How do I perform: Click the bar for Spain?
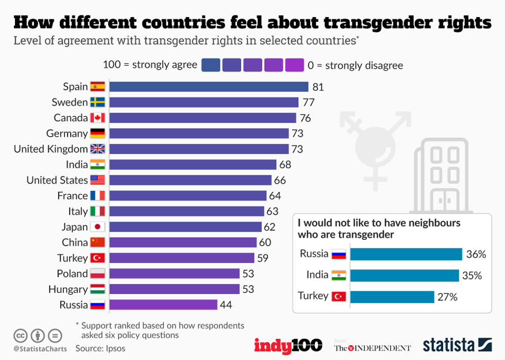[209, 87]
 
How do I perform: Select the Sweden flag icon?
[97, 102]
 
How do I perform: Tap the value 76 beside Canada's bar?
[305, 118]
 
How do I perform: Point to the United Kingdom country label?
[50, 149]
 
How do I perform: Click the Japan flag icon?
[97, 227]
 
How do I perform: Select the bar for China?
[183, 242]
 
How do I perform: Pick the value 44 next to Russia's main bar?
[226, 305]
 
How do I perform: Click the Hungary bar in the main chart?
[174, 289]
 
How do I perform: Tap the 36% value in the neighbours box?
[476, 254]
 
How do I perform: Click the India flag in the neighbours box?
[339, 275]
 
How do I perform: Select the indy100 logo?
[288, 345]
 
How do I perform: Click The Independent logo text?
[373, 348]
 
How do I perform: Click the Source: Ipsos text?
[100, 348]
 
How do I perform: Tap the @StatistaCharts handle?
[40, 349]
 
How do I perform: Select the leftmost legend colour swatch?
[211, 65]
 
